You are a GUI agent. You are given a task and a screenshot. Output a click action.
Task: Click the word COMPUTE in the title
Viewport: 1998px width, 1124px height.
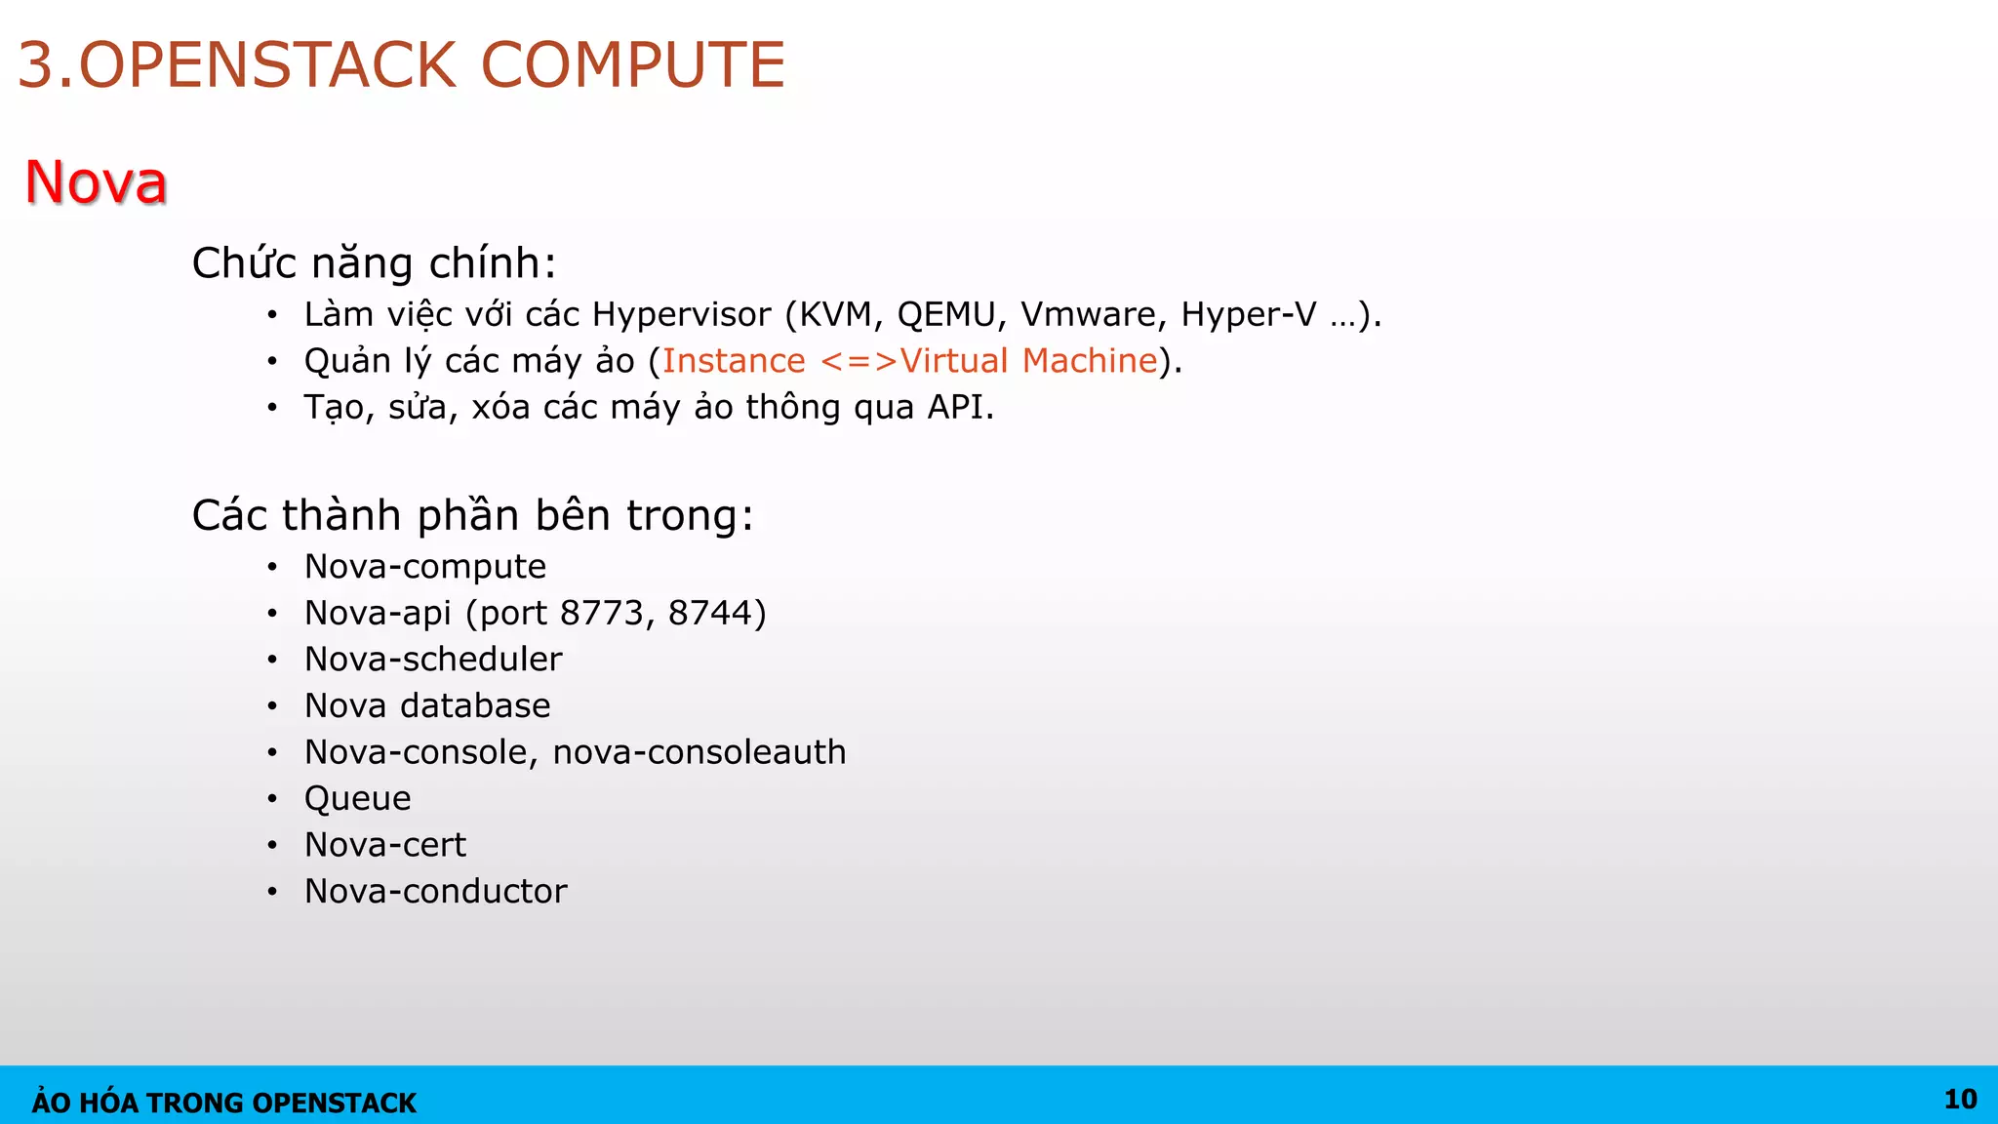[x=632, y=65]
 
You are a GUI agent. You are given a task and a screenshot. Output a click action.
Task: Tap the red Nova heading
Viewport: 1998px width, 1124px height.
[x=96, y=182]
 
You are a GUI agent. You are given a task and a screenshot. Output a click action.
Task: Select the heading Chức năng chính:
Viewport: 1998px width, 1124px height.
[x=374, y=263]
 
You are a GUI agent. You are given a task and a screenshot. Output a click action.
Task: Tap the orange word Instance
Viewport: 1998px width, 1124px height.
[x=734, y=361]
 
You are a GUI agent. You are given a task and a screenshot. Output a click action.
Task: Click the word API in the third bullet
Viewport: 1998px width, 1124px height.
[x=955, y=407]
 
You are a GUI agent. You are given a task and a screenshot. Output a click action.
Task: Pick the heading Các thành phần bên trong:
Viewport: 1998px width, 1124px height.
[x=472, y=515]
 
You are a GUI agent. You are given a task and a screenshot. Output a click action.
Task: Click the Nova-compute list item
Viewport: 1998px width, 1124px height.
[x=425, y=567]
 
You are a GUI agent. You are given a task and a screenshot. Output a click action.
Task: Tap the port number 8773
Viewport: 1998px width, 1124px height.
[x=602, y=613]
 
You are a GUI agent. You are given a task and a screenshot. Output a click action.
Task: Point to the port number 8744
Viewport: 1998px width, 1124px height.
[x=710, y=613]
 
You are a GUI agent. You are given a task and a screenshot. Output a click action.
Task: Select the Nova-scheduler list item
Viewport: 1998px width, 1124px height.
[x=433, y=660]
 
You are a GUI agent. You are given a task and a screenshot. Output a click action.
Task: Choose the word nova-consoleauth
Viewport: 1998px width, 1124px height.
[x=699, y=752]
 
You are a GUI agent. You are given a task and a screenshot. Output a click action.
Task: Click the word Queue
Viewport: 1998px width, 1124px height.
[x=357, y=799]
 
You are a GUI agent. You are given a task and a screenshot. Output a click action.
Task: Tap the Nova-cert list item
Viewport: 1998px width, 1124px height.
[x=385, y=845]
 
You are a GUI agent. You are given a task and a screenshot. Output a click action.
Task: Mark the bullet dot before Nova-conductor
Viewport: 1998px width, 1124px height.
[x=272, y=891]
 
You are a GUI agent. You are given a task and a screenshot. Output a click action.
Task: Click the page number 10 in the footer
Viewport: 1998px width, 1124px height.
[x=1960, y=1100]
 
